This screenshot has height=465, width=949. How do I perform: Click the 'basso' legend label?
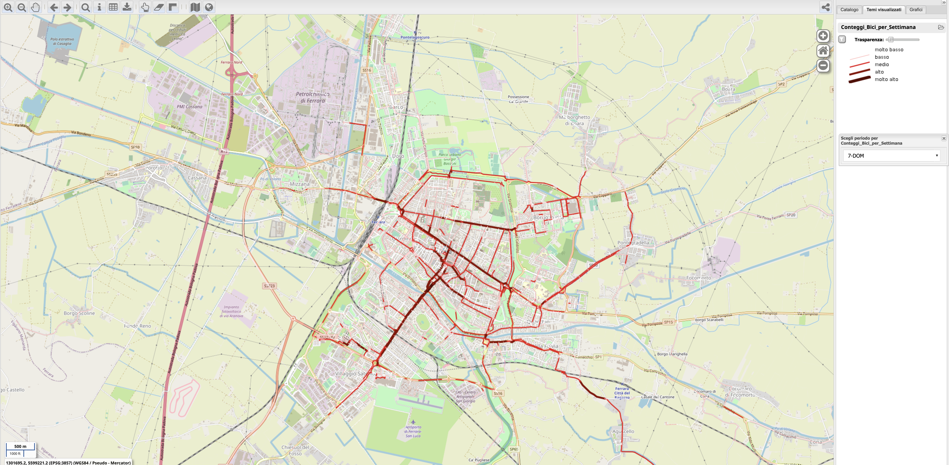882,57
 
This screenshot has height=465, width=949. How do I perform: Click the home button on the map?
823,51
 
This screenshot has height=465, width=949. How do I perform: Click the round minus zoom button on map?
823,66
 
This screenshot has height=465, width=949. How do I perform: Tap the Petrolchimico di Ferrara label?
312,97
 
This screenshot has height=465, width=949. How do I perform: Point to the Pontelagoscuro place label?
415,37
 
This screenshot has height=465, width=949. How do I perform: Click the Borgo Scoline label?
79,313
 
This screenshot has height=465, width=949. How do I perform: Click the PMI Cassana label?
189,107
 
